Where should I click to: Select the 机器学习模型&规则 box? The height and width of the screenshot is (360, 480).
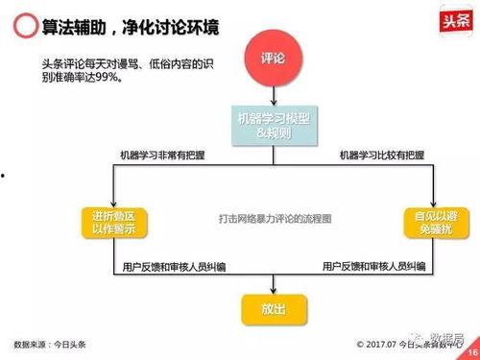(x=274, y=124)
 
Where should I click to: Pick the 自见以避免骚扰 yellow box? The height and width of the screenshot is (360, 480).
(x=431, y=222)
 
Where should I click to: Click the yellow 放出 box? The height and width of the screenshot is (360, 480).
(x=274, y=309)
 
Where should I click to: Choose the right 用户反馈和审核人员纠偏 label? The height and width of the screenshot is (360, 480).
(x=374, y=266)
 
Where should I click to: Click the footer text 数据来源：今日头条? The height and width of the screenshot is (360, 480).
(x=49, y=344)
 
